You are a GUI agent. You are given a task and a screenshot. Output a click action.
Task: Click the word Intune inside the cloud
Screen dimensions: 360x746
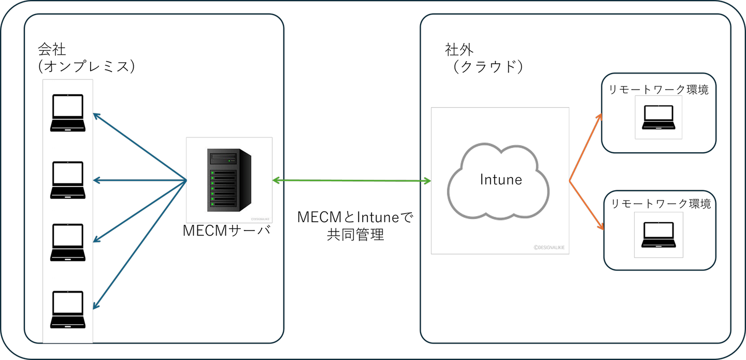click(500, 180)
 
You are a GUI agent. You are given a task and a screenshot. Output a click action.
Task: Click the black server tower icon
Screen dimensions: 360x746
click(229, 180)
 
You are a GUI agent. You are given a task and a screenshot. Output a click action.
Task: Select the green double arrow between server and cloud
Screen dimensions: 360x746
click(351, 181)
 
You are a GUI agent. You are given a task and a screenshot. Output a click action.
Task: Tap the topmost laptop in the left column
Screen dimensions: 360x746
click(67, 112)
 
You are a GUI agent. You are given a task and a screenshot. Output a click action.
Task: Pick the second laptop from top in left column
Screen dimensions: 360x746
click(67, 180)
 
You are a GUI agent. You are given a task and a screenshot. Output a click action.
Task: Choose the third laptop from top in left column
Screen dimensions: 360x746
click(67, 242)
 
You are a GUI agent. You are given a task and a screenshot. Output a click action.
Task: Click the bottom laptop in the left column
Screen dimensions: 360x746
click(67, 309)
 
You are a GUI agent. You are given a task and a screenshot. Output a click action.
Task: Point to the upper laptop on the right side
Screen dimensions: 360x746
click(658, 117)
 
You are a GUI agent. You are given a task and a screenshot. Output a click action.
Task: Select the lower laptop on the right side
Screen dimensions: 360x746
click(658, 234)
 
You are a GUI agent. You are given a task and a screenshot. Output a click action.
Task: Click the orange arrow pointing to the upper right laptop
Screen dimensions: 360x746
click(586, 147)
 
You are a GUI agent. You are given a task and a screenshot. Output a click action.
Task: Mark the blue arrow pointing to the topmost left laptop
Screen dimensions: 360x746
click(140, 147)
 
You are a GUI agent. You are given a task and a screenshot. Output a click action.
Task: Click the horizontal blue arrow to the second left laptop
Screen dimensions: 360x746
click(140, 180)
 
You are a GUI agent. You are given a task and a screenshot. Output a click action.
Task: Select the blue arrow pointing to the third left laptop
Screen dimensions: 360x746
click(140, 211)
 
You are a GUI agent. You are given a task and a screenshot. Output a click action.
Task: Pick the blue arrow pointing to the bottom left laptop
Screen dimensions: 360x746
click(140, 244)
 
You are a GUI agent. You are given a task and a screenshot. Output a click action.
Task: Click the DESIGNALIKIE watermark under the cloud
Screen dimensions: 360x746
click(550, 248)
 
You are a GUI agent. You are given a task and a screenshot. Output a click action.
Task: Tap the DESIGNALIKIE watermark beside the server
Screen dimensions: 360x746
click(261, 219)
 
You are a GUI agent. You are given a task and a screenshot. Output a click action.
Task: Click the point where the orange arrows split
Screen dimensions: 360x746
click(569, 181)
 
